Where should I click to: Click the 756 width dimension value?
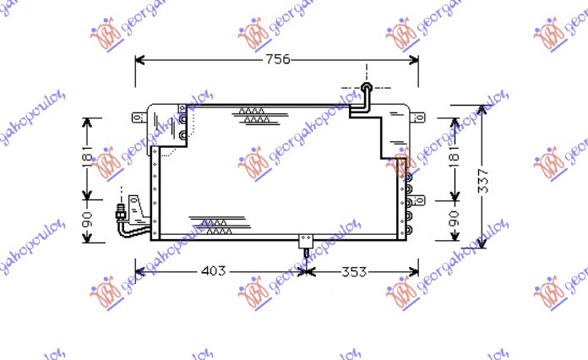click(277, 59)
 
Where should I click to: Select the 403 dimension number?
click(214, 270)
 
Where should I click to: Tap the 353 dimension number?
click(354, 271)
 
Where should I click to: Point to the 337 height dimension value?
click(483, 181)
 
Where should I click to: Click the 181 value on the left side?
click(87, 156)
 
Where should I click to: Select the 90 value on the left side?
click(87, 220)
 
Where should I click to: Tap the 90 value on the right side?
click(454, 218)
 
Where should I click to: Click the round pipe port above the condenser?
click(367, 88)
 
